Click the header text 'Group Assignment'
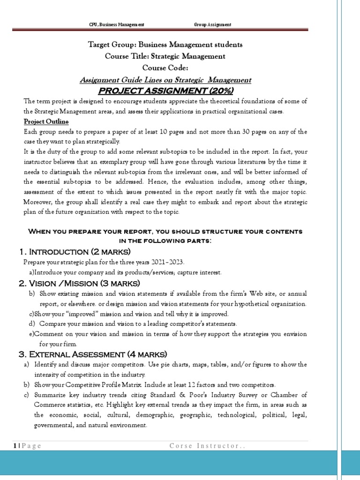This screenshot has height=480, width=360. pyautogui.click(x=212, y=24)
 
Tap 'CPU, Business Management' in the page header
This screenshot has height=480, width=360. pyautogui.click(x=116, y=24)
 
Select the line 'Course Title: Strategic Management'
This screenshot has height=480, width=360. pyautogui.click(x=165, y=56)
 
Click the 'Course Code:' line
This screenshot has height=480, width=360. pyautogui.click(x=165, y=68)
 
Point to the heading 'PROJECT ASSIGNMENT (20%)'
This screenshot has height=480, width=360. pyautogui.click(x=165, y=90)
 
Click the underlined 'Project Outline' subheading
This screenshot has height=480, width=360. pyautogui.click(x=46, y=121)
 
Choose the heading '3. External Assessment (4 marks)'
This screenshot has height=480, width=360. pyautogui.click(x=92, y=354)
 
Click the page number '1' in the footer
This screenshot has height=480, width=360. pyautogui.click(x=15, y=446)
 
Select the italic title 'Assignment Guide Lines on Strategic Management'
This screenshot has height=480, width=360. pyautogui.click(x=165, y=80)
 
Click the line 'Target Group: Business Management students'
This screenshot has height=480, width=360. pyautogui.click(x=165, y=45)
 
